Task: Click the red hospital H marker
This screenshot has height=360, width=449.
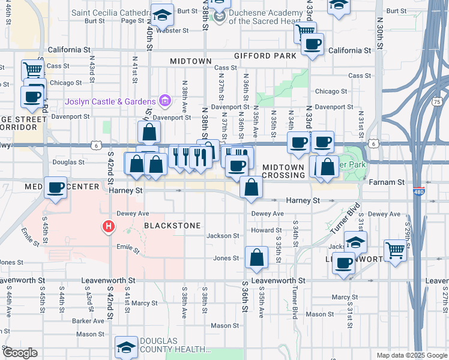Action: coord(109,226)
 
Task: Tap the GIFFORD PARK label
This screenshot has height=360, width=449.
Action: coord(266,56)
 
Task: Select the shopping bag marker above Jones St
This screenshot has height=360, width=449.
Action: coord(256,257)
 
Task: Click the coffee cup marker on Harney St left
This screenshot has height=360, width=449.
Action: coord(56,188)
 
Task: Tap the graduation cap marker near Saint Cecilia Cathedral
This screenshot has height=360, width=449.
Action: coord(162,14)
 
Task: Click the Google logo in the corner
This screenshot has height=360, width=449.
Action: coord(20,353)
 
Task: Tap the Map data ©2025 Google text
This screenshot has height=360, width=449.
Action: coord(412,355)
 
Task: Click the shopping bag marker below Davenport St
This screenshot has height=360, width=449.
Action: coord(149,131)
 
